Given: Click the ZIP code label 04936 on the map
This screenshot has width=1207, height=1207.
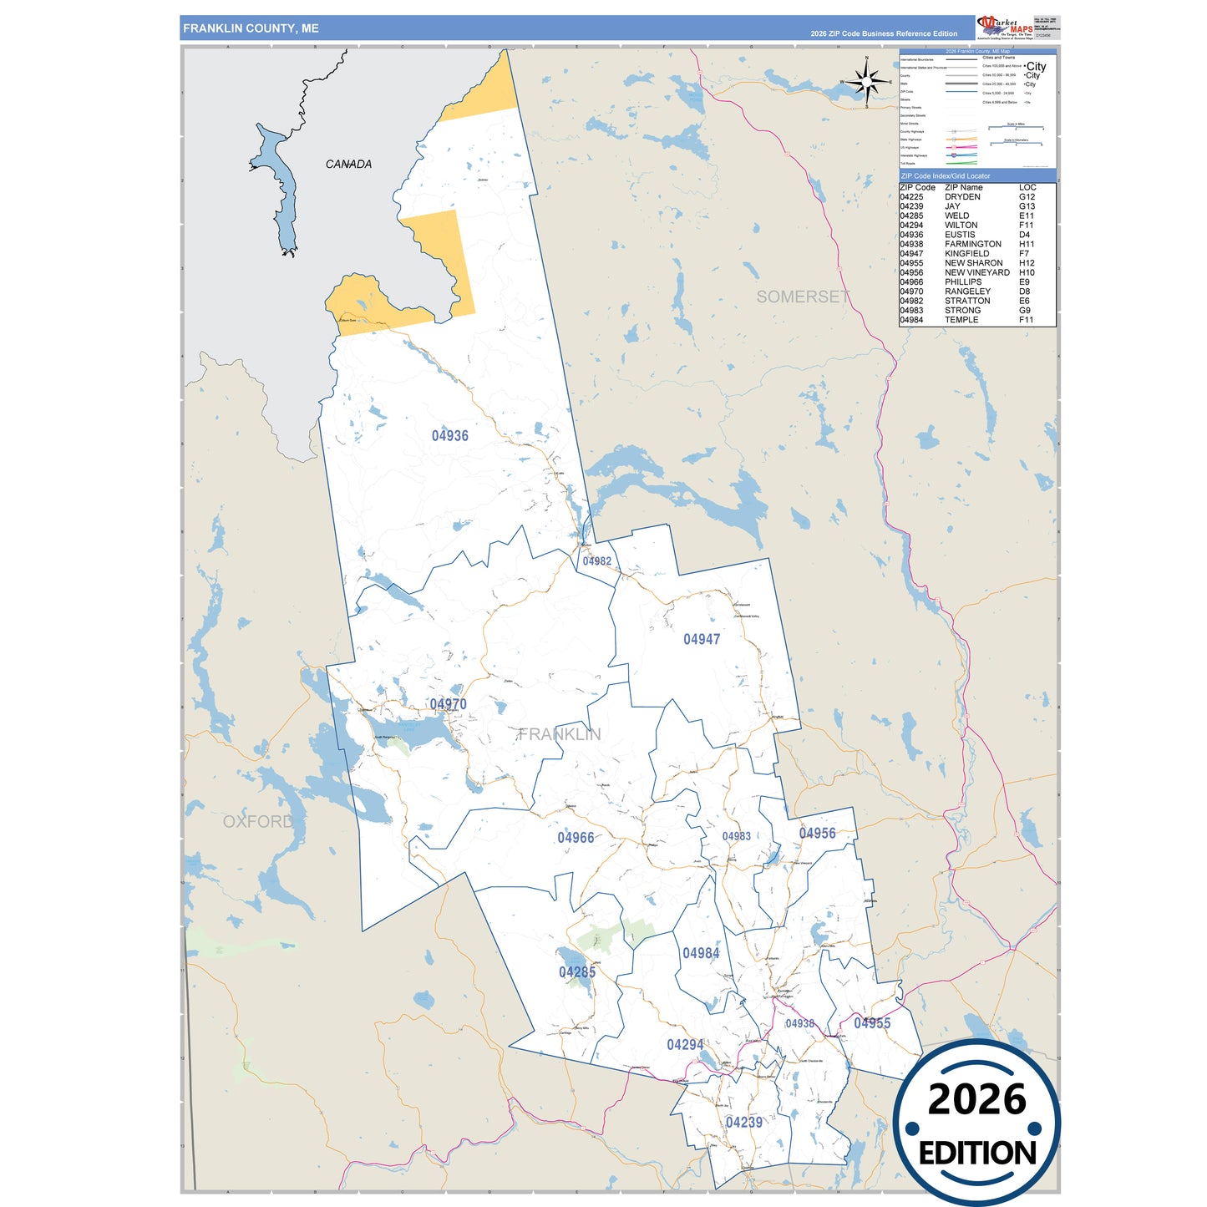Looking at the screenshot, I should point(449,435).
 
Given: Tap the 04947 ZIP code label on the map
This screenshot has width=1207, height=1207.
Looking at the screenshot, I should point(702,639).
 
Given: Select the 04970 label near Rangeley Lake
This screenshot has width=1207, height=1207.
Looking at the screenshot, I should point(449,704).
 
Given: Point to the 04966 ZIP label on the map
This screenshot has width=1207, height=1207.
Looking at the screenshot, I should point(576,837).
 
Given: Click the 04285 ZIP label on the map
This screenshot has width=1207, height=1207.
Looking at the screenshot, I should point(577,971).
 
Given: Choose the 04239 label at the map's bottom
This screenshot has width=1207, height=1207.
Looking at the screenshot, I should point(743,1122).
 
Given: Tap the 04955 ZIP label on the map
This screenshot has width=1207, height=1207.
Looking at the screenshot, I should point(872,1023).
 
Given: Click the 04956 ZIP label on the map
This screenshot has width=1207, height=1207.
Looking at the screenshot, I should point(817,833).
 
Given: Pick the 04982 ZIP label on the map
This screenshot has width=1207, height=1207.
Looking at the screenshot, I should point(597,561).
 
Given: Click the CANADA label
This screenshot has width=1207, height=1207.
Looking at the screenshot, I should point(348,164).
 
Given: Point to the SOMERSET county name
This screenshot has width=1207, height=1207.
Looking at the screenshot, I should point(803,297).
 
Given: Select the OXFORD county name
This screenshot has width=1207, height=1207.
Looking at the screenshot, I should point(258,821).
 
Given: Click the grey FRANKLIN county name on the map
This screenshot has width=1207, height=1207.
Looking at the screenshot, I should point(559,734).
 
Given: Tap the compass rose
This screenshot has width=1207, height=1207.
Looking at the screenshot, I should point(868,82).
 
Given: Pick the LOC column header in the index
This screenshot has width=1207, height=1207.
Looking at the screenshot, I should point(1027,187).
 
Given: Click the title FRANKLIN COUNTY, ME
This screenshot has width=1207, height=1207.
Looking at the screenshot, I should point(251,28).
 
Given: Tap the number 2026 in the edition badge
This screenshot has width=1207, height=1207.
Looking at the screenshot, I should point(976,1099).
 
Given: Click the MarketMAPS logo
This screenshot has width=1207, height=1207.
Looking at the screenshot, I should point(1003,27).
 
